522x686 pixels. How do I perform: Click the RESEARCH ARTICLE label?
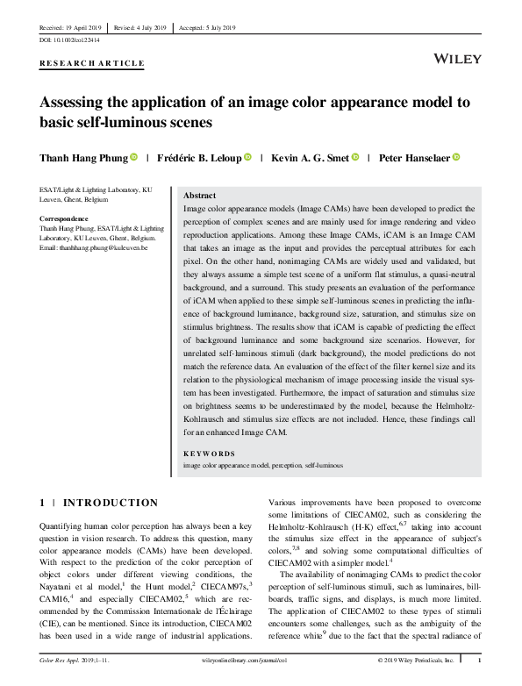[x=92, y=63]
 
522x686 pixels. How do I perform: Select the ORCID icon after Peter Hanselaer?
[x=456, y=158]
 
